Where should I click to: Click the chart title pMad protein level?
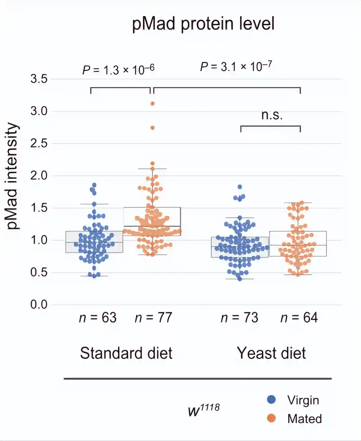pos(203,24)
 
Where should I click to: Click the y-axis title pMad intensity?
pos(12,176)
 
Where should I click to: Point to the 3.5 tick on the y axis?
pos(39,79)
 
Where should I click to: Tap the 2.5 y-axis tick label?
pos(39,144)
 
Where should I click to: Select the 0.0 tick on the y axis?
pos(39,304)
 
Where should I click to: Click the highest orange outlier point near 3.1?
pos(152,104)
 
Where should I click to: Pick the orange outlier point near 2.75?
pos(152,128)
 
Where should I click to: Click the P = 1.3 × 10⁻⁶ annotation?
pos(118,70)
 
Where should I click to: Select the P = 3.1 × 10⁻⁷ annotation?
pos(236,66)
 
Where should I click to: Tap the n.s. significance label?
pos(272,115)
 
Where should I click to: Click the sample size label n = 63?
pos(97,318)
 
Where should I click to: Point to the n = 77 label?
pos(153,318)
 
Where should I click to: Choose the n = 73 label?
pos(239,318)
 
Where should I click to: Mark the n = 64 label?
pos(299,318)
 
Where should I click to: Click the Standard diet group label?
pos(126,353)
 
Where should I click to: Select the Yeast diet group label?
pos(271,353)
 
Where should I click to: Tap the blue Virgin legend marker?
pos(271,399)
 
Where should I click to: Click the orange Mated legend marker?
pos(271,418)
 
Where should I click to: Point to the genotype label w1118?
pos(204,410)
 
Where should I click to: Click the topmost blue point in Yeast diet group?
pos(240,187)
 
